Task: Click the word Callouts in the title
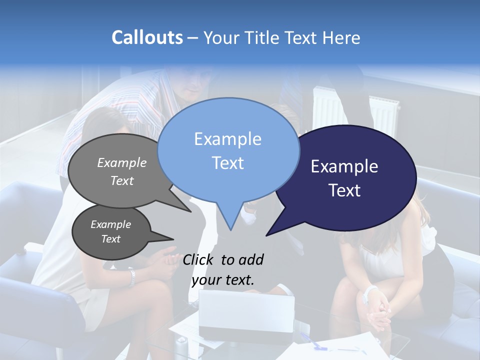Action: [x=147, y=37]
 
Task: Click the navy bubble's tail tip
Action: [x=267, y=234]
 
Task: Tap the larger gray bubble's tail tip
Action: [x=190, y=211]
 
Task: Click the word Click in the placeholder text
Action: [x=199, y=259]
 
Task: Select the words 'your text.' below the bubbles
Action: [x=222, y=280]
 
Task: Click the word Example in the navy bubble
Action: [x=344, y=166]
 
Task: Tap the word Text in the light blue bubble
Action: [x=228, y=163]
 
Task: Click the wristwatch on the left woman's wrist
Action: [x=131, y=277]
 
